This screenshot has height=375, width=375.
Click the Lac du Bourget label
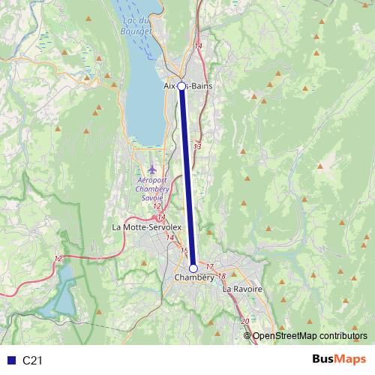click(x=136, y=25)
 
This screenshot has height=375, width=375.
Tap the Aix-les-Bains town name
click(x=187, y=86)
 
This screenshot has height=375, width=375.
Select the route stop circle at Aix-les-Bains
click(x=181, y=86)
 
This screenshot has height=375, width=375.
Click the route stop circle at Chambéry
click(x=193, y=268)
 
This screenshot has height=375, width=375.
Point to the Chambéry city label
click(x=193, y=278)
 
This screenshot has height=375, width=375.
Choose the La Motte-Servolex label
click(x=146, y=226)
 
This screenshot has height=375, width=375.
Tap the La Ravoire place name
click(x=242, y=288)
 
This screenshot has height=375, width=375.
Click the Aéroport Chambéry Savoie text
click(x=152, y=189)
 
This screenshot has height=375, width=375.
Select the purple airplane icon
click(x=153, y=169)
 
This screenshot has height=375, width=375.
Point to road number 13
click(x=197, y=147)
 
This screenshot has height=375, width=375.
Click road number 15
click(x=184, y=250)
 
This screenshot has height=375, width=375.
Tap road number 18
click(x=221, y=276)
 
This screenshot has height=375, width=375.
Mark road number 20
click(x=245, y=321)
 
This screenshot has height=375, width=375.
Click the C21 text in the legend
click(x=32, y=361)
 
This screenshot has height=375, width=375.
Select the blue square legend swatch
click(x=10, y=361)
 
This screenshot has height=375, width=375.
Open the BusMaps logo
click(x=337, y=360)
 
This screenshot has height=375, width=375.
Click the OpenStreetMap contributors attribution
click(x=309, y=335)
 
